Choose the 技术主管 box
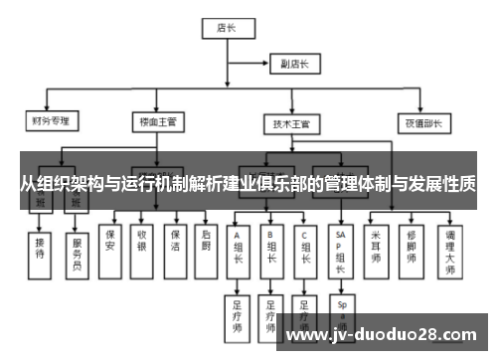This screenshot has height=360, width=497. [291, 125]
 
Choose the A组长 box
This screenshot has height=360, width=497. [239, 251]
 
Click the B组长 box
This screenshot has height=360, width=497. [270, 251]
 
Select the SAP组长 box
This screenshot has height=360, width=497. [341, 249]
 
